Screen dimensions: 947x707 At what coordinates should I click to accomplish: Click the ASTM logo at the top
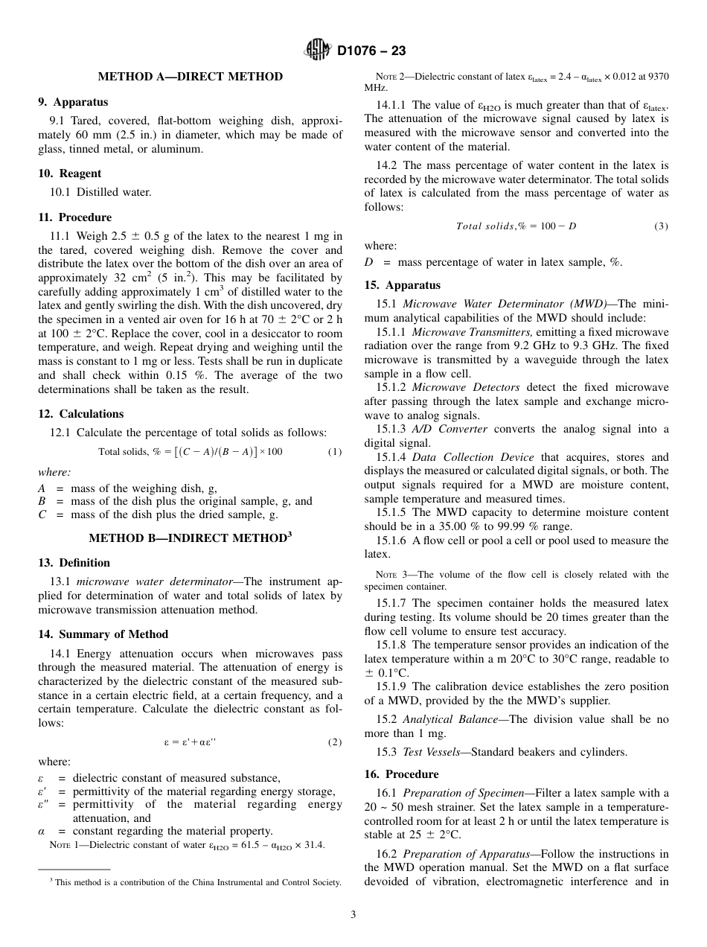[318, 51]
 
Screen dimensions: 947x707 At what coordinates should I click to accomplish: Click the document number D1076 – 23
[371, 51]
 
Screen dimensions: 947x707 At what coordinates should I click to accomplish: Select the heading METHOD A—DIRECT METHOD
[190, 77]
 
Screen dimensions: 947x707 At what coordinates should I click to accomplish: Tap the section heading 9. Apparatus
[73, 102]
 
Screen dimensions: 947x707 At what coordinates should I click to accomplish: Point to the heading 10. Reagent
[70, 173]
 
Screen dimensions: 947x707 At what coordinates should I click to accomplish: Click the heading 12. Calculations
[81, 414]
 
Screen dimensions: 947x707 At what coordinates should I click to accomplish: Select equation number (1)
[335, 452]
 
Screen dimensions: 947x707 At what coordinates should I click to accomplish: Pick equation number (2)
[335, 742]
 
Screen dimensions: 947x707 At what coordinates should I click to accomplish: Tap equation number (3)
[661, 226]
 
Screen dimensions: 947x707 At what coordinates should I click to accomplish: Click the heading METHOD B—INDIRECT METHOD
[190, 538]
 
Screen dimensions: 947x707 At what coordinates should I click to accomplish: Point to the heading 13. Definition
[74, 563]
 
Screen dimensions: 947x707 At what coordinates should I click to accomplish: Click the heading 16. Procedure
[401, 774]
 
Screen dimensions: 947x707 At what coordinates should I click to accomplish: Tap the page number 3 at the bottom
[353, 915]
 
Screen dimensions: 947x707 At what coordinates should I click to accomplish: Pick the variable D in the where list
[368, 262]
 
